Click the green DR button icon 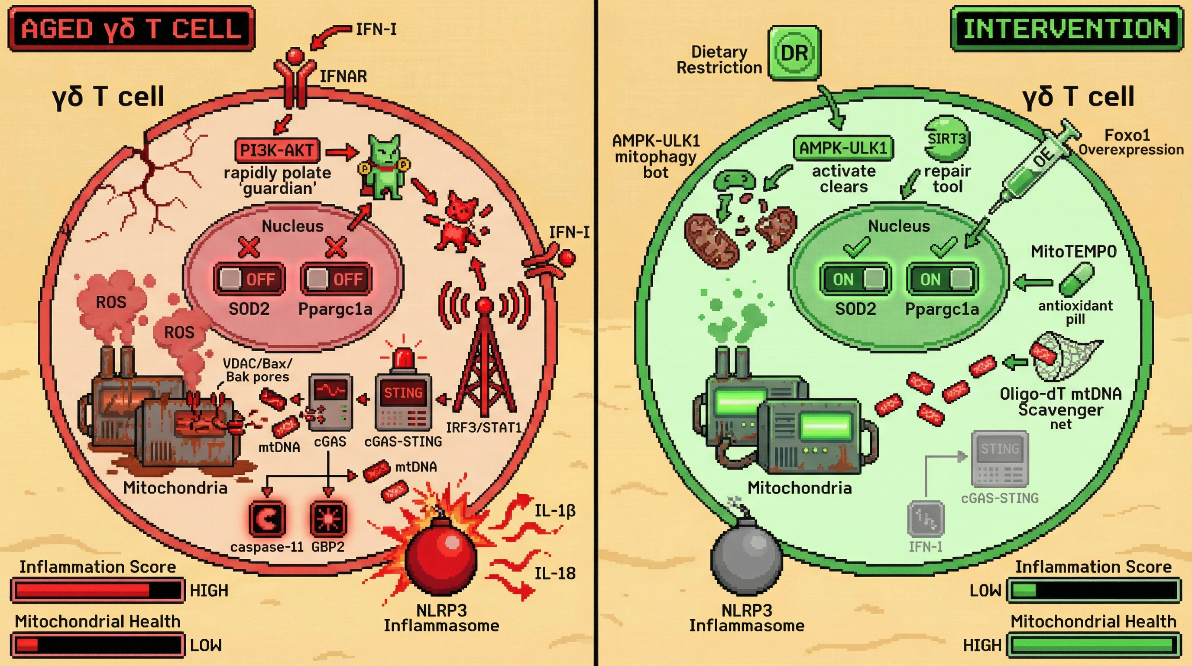coord(794,53)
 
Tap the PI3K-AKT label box coord(277,150)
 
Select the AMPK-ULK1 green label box coord(843,148)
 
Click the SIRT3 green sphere coord(947,139)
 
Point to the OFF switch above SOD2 coord(249,279)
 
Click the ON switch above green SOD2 coord(855,279)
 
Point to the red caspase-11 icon coord(267,518)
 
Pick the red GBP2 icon coord(327,518)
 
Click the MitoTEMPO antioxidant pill coord(1076,279)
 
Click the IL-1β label coord(555,511)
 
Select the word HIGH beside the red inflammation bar coord(209,591)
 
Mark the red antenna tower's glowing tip coord(485,305)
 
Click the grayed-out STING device coord(1000,458)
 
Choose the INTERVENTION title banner coord(1066,29)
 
